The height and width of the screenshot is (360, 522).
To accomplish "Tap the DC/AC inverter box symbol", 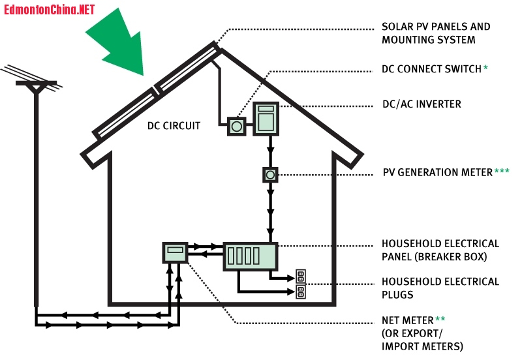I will click(x=266, y=119).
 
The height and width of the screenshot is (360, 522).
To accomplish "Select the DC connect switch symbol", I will click(x=236, y=127).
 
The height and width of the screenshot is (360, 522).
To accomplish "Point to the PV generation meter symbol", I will click(x=270, y=175).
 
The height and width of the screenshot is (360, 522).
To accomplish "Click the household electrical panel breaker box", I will click(x=251, y=256).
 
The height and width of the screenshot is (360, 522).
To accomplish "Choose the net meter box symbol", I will click(x=175, y=252).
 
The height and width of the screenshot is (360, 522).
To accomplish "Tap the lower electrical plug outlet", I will click(x=301, y=292).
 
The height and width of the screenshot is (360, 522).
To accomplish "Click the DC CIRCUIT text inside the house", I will click(x=174, y=125).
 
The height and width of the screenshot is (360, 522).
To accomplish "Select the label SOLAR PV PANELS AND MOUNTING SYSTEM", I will click(x=435, y=33).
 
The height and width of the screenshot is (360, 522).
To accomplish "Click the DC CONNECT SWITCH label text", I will click(x=431, y=68).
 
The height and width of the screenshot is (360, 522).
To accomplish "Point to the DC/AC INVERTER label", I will click(x=422, y=104).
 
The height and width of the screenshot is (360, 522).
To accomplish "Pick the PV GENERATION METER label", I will click(x=437, y=173).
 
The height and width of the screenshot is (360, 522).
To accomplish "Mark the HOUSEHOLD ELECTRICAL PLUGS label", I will click(x=440, y=288).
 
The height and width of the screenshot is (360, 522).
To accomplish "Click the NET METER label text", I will click(x=408, y=320).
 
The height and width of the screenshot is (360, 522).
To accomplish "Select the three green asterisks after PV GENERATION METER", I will click(x=502, y=172).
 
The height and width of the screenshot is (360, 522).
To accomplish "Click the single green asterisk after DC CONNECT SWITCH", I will click(x=486, y=68).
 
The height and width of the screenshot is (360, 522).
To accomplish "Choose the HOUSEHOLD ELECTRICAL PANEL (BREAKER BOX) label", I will click(x=440, y=250).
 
